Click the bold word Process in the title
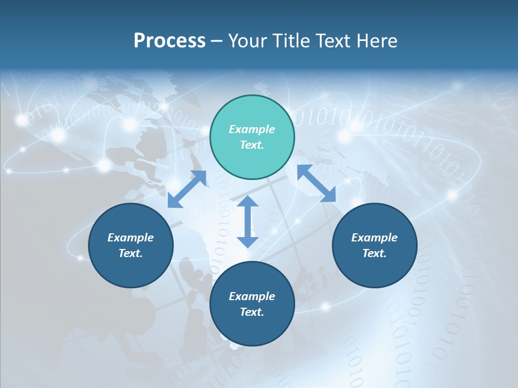(x=169, y=41)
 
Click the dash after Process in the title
(x=217, y=42)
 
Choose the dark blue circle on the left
(x=131, y=245)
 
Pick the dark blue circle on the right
(x=374, y=245)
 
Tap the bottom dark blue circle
(x=252, y=304)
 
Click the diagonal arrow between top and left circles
(x=187, y=189)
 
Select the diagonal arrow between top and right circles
(x=317, y=184)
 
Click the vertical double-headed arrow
(x=248, y=221)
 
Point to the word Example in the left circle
(x=131, y=238)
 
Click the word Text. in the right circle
(x=374, y=253)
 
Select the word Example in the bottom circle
(x=252, y=296)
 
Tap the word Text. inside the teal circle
(x=252, y=145)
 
